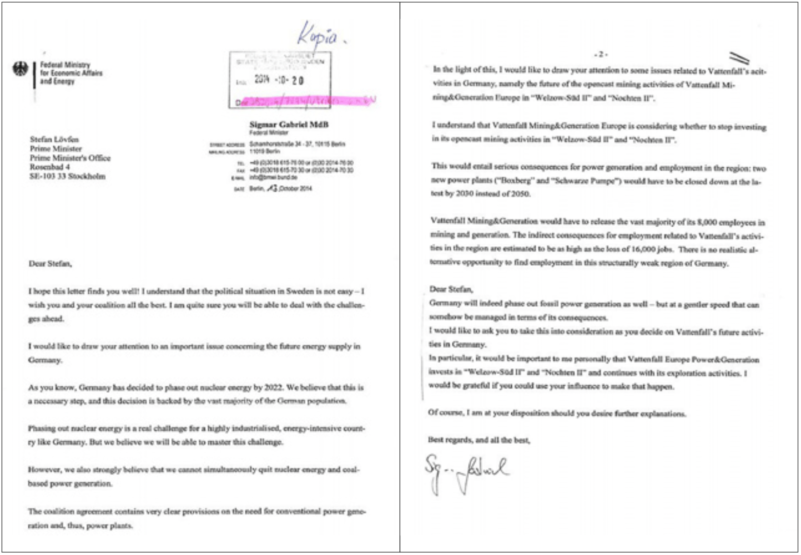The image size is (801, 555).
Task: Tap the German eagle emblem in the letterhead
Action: coord(21,70)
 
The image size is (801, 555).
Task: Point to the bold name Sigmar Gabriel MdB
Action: coord(289,124)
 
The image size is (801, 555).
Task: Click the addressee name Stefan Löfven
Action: coord(54,139)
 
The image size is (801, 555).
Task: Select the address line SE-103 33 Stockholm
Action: coord(67,176)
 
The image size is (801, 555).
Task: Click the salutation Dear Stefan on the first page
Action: coord(50,263)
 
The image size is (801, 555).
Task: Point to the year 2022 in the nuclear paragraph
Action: coord(274,388)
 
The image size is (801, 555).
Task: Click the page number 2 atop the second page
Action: coord(601,55)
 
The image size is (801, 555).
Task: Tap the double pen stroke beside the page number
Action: coord(739,59)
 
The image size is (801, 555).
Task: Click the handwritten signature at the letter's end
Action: coord(466,472)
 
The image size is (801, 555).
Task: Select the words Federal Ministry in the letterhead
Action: coord(65,65)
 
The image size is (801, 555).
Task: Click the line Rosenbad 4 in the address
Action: coord(50,167)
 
